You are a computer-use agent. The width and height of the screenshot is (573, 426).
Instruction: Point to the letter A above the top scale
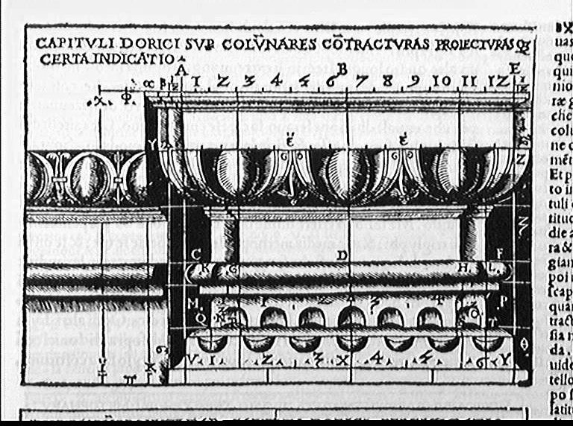(x=180, y=69)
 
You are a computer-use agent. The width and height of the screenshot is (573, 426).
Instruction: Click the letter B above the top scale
(x=342, y=69)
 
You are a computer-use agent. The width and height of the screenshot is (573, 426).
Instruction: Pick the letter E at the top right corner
(x=514, y=69)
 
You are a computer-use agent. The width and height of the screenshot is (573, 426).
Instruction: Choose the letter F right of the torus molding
(x=500, y=255)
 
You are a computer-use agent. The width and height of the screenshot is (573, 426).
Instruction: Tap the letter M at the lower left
(x=192, y=303)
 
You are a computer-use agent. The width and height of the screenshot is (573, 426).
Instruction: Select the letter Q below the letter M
(x=199, y=315)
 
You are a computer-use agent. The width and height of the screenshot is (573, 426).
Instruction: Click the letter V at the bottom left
(x=194, y=360)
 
